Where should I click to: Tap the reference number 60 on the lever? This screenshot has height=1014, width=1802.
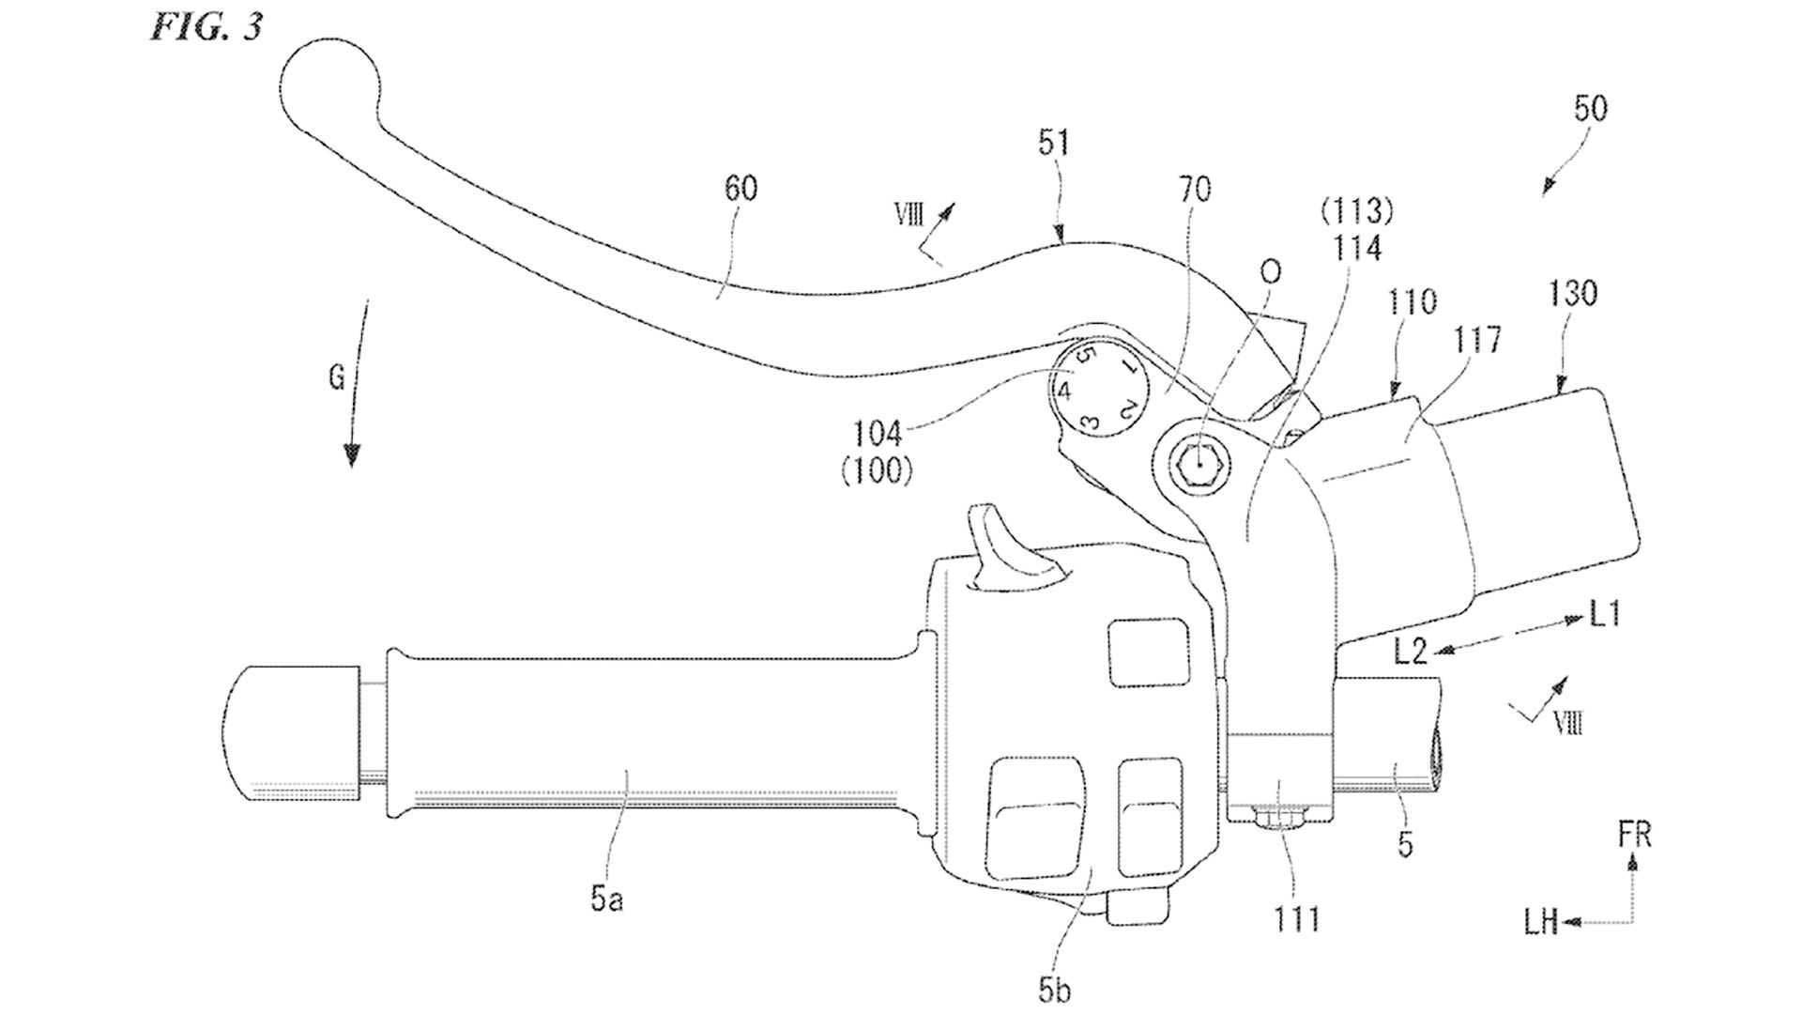point(741,188)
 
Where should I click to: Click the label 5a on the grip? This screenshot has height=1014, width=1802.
point(607,899)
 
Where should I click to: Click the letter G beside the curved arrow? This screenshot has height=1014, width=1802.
point(336,378)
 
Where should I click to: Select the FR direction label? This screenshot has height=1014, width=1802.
point(1634,836)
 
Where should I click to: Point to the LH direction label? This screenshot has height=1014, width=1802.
point(1539,924)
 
